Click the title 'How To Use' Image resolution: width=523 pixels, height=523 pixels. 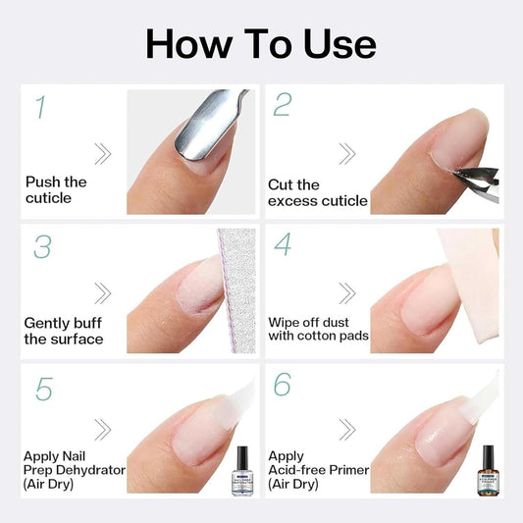(x=261, y=44)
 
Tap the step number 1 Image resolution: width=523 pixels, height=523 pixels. (x=40, y=107)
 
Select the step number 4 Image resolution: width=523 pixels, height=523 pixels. (x=283, y=244)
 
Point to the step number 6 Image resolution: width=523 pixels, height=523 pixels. (x=283, y=386)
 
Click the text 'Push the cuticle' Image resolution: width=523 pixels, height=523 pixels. (x=55, y=190)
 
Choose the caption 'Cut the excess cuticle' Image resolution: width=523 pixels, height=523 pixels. (x=317, y=192)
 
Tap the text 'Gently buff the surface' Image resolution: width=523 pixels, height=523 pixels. (x=63, y=331)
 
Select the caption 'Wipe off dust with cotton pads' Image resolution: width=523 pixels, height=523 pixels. (x=318, y=327)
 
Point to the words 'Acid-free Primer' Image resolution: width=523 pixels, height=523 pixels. (x=319, y=470)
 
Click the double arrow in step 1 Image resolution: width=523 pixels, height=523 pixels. (x=102, y=152)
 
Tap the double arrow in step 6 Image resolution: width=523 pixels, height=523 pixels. (x=346, y=430)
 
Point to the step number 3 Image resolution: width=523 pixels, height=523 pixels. (x=41, y=246)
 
